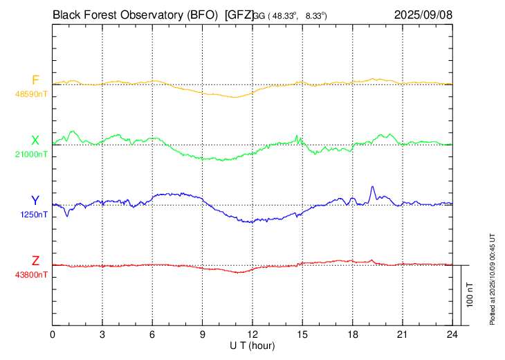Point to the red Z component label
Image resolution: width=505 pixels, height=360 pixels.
point(35,261)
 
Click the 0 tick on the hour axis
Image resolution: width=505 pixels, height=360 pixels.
point(53,335)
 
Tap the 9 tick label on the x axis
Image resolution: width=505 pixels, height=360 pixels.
point(203,335)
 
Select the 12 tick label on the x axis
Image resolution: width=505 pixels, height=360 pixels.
point(252,335)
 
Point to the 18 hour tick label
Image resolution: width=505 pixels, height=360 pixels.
point(352,335)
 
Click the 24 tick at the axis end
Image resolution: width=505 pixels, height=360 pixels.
point(452,335)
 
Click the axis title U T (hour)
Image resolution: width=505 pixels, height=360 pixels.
point(252,345)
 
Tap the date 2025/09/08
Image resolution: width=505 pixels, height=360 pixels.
point(423,14)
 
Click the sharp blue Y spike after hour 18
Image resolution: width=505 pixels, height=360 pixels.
point(372,188)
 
